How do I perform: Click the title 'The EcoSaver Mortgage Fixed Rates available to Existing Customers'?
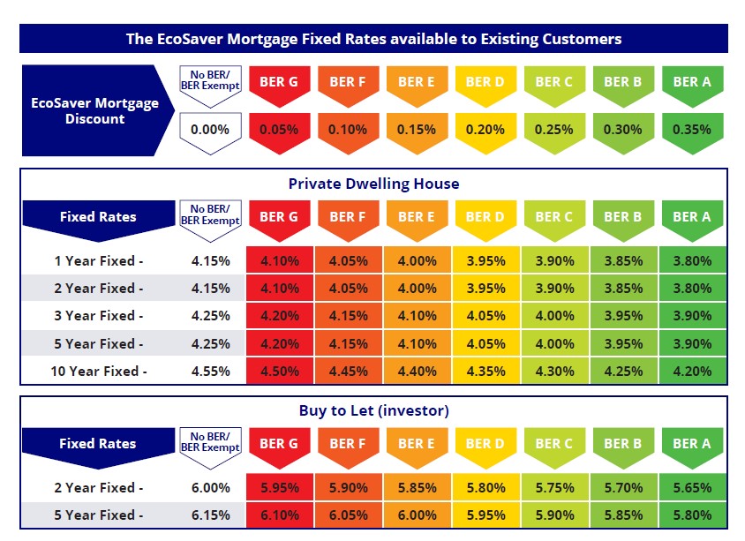[373, 39]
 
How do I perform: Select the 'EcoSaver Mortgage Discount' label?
[94, 110]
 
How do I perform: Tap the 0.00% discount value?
[210, 129]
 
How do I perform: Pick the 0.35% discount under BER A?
[692, 129]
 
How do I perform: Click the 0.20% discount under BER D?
[485, 129]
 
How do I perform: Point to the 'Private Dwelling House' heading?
[373, 184]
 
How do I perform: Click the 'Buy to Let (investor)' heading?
[373, 410]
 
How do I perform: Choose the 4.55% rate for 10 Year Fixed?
[210, 372]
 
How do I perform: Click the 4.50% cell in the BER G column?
[279, 372]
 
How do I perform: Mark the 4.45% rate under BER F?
[348, 372]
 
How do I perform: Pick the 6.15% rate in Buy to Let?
[210, 515]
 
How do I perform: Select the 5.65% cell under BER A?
[692, 487]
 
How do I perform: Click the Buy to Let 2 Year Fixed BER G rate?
[279, 487]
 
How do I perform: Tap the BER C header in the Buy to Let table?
[553, 443]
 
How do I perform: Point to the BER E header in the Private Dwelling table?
[417, 216]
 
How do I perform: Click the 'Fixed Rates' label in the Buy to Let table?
[97, 444]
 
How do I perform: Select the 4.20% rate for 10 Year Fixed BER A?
[692, 372]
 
